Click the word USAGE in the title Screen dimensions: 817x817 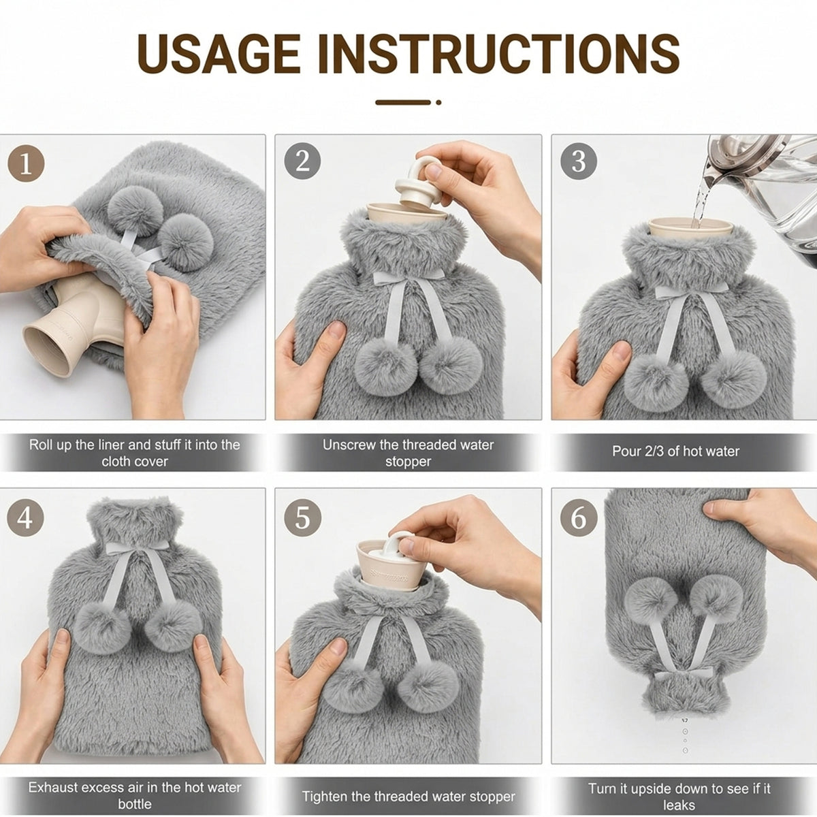219,54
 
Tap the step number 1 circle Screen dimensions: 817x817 26,163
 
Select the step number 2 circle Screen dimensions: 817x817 302,161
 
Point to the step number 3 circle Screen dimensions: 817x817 579,161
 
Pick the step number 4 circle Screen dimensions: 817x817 25,518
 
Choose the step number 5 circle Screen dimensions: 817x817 302,518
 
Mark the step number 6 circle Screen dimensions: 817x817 579,518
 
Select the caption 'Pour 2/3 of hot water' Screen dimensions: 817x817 675,451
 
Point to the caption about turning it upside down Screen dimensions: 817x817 679,797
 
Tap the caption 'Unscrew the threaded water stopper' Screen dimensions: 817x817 408,453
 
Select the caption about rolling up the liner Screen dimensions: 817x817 134,453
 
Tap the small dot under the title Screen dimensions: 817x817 438,102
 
